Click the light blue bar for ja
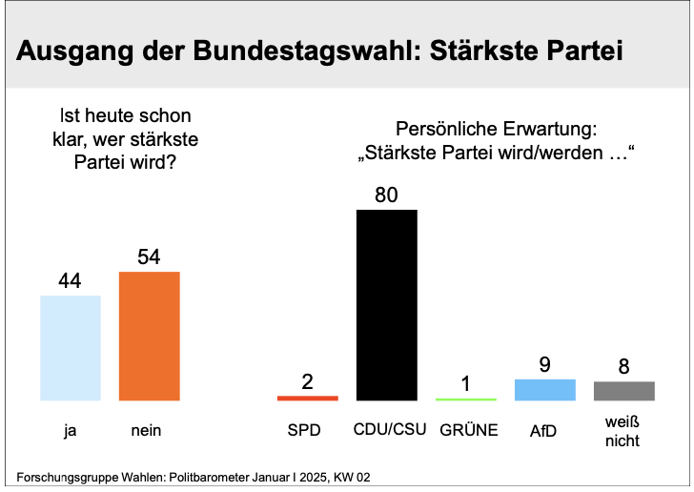71,348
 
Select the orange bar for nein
150,337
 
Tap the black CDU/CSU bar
387,305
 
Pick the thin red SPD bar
308,399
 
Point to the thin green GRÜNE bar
466,400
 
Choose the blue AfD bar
545,390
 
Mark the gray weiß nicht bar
624,391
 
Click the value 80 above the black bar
386,195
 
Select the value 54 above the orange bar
149,256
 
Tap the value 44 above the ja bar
70,280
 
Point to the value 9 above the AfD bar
545,364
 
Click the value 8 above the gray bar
624,367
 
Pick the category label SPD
304,430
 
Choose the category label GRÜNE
469,430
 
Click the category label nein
146,430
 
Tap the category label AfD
543,430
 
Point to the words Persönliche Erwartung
496,129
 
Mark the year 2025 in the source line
314,478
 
